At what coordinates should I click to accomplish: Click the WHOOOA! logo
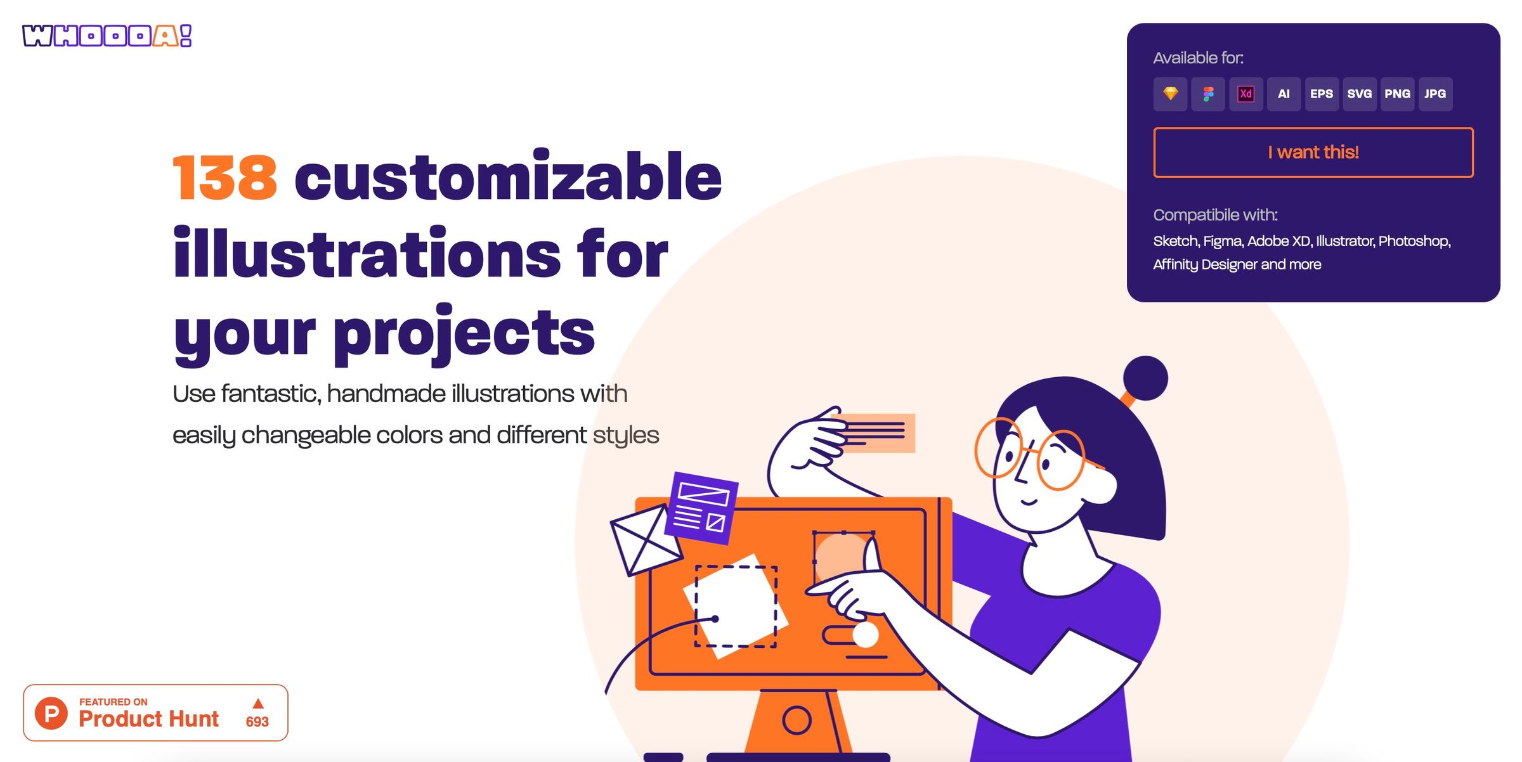[x=107, y=36]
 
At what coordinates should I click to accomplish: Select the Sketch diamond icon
[x=1170, y=94]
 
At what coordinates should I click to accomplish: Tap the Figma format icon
[x=1208, y=94]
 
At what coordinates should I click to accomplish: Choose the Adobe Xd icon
[x=1246, y=94]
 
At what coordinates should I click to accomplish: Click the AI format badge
[x=1284, y=94]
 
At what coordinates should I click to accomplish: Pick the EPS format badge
[x=1322, y=94]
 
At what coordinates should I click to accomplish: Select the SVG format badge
[x=1360, y=94]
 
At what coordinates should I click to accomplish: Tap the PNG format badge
[x=1397, y=94]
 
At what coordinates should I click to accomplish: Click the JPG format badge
[x=1435, y=94]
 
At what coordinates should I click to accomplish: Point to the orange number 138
[x=225, y=178]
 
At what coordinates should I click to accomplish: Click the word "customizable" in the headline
[x=508, y=176]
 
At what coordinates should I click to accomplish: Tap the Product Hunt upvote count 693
[x=257, y=721]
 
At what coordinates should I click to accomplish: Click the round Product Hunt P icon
[x=51, y=713]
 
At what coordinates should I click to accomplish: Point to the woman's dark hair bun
[x=1145, y=378]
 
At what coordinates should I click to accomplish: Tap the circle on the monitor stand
[x=797, y=720]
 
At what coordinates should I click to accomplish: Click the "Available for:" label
[x=1198, y=58]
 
